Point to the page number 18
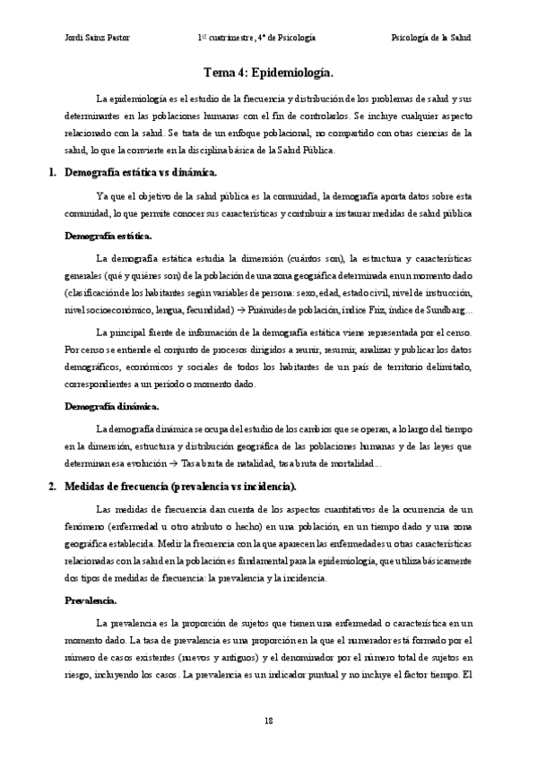[268, 721]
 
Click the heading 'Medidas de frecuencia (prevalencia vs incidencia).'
[180, 487]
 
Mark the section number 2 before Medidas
[52, 487]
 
